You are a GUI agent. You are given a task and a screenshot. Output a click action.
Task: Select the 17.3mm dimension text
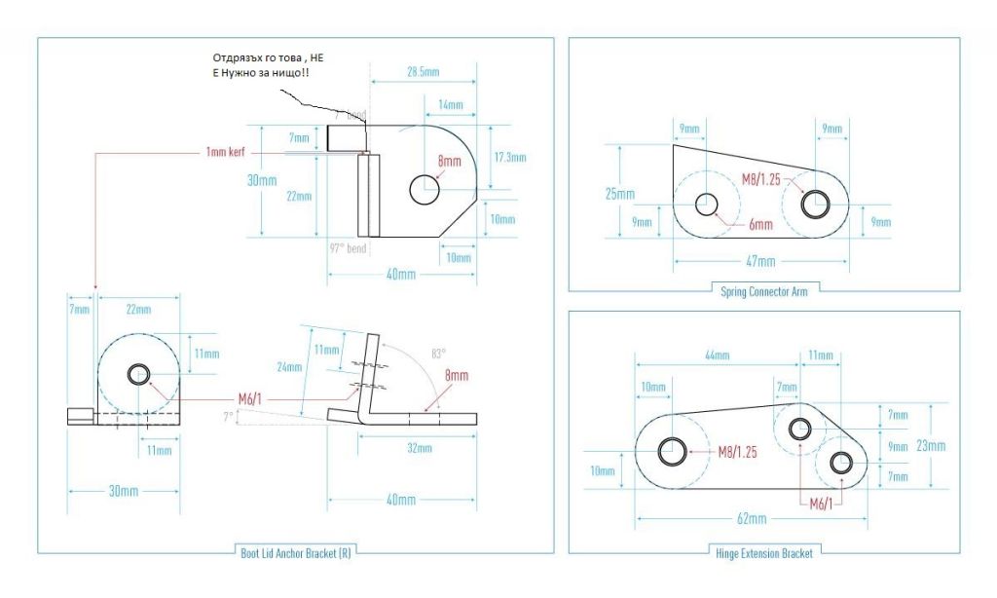pos(509,157)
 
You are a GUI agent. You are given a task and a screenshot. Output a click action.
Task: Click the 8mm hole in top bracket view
pos(425,189)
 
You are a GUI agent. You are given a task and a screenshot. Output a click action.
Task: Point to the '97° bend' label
pos(348,248)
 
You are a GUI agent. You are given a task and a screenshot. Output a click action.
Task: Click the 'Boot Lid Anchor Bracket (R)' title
pos(295,554)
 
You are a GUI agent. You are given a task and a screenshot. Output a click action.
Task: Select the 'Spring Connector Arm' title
pos(764,289)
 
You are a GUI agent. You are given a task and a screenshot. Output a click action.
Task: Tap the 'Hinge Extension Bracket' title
pos(764,553)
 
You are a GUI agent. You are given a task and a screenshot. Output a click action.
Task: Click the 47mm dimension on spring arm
pos(760,261)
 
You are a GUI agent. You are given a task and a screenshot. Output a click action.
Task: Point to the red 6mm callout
pos(760,224)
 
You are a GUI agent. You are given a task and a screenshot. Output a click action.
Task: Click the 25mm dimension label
pos(619,194)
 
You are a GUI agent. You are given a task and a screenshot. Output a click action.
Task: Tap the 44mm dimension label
pos(716,357)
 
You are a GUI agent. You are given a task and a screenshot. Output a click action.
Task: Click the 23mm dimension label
pos(930,445)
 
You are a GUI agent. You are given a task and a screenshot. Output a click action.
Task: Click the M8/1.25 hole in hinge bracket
pos(671,451)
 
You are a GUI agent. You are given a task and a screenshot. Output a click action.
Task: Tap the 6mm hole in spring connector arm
pos(706,205)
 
